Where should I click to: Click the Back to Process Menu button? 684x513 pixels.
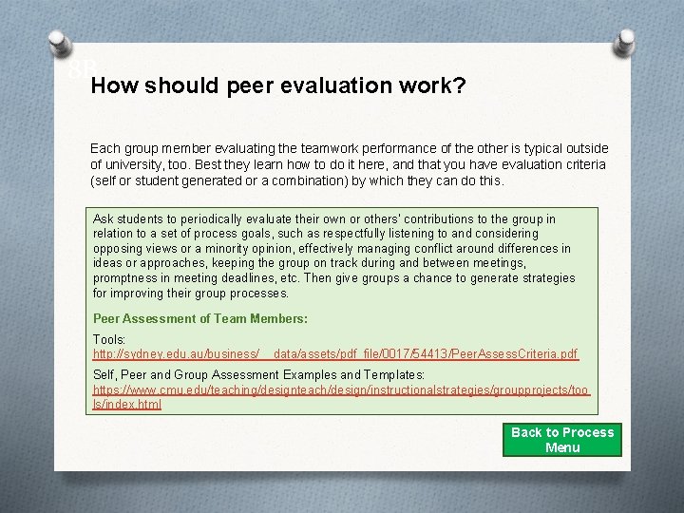[562, 440]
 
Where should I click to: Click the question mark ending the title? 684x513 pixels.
[460, 86]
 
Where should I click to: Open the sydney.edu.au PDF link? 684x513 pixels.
[334, 354]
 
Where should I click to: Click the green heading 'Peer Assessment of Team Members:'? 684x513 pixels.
[200, 318]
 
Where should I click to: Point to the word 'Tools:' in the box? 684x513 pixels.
[109, 339]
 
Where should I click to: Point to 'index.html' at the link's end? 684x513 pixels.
[134, 404]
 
